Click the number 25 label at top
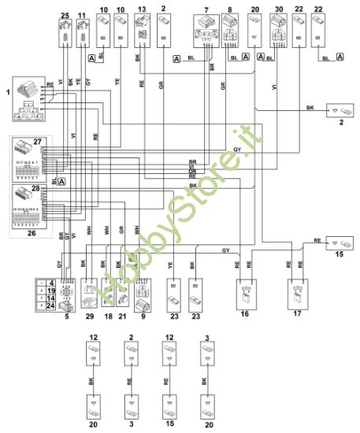tap(65, 16)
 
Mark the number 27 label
tap(37, 142)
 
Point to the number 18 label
tap(108, 316)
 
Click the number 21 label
tap(122, 316)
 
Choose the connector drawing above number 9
tap(143, 294)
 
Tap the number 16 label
tap(243, 313)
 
